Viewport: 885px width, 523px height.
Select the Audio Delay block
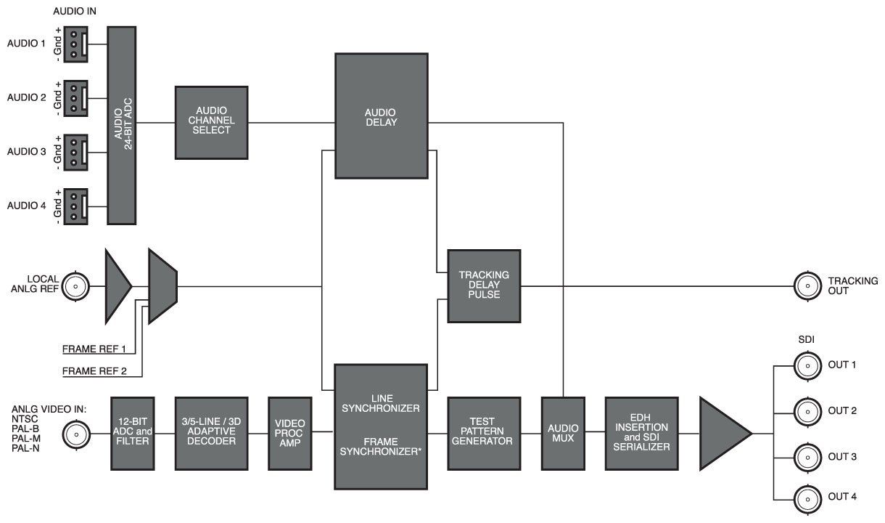click(380, 116)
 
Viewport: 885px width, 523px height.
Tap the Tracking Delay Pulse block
click(484, 285)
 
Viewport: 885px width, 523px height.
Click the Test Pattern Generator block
click(484, 433)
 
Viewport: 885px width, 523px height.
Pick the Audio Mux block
click(562, 433)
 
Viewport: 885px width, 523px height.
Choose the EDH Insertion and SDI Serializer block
click(641, 433)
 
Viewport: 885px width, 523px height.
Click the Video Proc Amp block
click(289, 433)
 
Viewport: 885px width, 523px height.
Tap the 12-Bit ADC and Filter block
click(133, 433)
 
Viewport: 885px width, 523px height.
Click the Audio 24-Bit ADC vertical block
click(122, 125)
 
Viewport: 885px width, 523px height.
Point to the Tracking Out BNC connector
click(804, 285)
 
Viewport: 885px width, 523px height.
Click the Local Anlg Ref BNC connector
click(73, 287)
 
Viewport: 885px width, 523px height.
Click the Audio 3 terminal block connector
click(75, 152)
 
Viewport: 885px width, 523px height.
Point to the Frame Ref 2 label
click(95, 372)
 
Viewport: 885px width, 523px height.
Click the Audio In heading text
click(75, 12)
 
